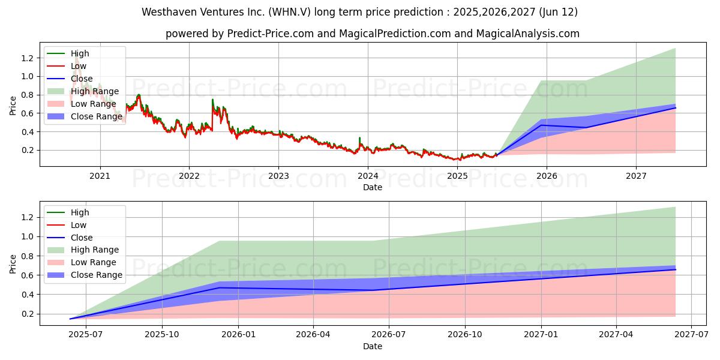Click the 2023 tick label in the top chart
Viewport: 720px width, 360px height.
tap(278, 176)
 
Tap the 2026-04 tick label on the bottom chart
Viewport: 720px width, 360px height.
tap(313, 335)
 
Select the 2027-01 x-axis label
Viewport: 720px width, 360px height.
tap(541, 335)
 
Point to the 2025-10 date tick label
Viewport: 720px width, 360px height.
tap(162, 335)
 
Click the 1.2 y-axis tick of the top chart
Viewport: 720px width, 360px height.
tap(28, 58)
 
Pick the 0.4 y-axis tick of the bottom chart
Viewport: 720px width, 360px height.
tap(28, 295)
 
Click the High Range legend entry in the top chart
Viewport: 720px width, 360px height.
tap(83, 91)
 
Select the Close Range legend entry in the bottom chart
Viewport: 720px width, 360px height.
tap(85, 275)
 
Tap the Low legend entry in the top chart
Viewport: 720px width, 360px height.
tap(67, 66)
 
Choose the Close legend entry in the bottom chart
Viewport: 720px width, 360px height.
tap(70, 238)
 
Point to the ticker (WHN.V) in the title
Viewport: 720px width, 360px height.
tap(290, 12)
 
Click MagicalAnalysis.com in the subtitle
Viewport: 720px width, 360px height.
tap(528, 34)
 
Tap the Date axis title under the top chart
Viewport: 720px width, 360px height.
tap(373, 187)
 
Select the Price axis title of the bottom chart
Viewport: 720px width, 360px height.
tap(13, 264)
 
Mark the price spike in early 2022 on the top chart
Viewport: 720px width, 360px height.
tap(212, 100)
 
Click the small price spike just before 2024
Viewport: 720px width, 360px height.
tap(359, 139)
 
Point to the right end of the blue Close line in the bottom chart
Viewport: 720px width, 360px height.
tap(676, 269)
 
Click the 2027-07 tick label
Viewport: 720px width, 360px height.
tap(691, 335)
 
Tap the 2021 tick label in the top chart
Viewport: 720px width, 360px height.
tap(100, 176)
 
